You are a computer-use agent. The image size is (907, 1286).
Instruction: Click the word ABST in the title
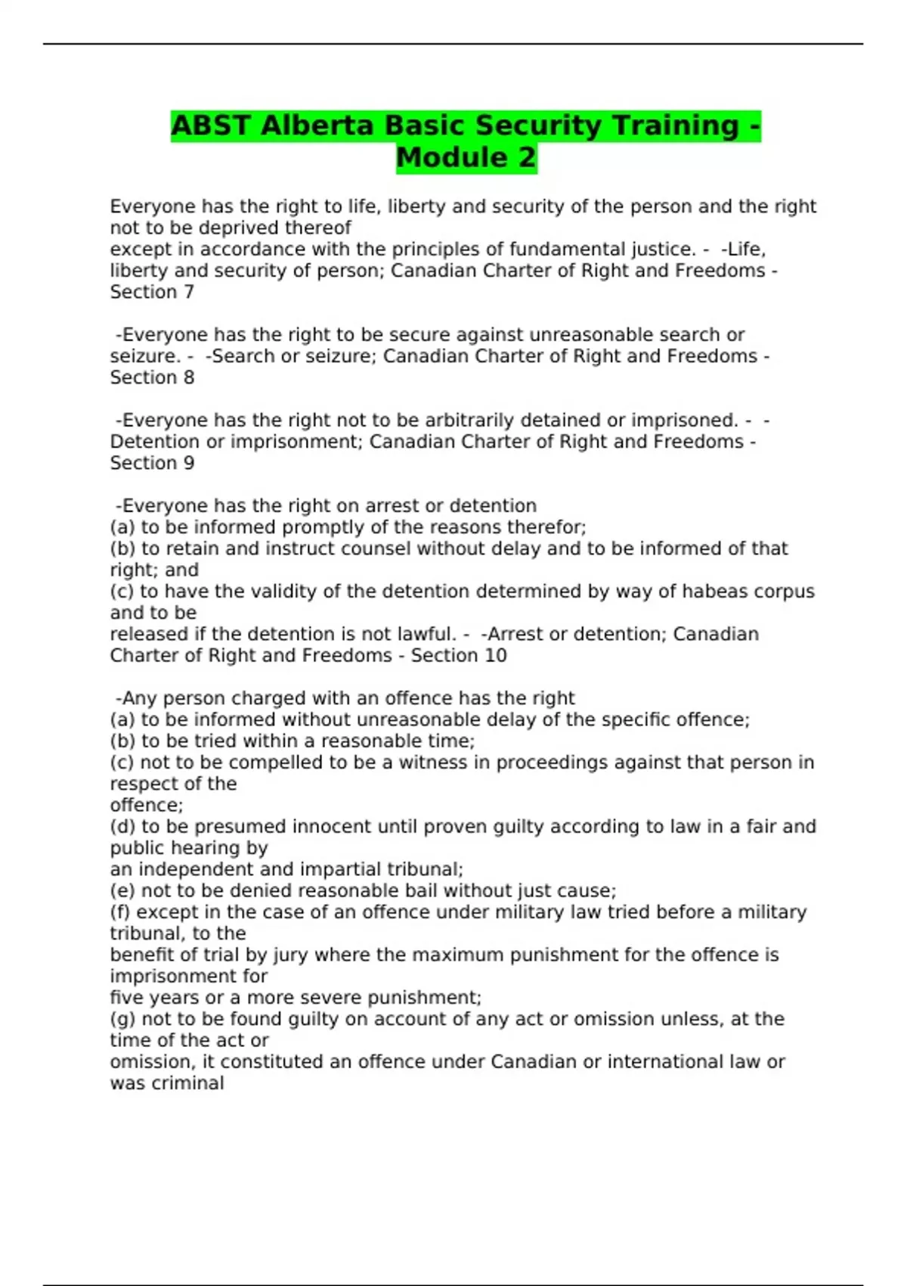click(x=212, y=126)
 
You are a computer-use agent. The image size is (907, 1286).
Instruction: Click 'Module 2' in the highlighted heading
click(x=466, y=158)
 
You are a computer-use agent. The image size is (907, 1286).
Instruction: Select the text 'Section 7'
click(x=152, y=292)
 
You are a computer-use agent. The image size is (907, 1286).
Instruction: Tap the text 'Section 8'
click(x=152, y=377)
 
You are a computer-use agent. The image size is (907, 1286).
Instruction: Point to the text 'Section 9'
click(x=152, y=463)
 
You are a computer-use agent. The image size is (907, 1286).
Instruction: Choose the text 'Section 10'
click(x=458, y=655)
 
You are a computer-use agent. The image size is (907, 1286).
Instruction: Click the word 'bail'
click(x=419, y=890)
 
